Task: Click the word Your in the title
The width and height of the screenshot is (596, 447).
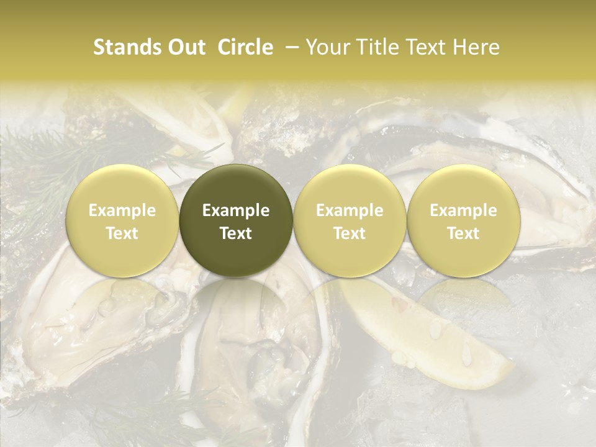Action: tap(327, 47)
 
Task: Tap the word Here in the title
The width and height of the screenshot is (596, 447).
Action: tap(477, 47)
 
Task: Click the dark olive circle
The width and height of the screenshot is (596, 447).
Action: tap(236, 220)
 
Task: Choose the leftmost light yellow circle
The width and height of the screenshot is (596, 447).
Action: tap(122, 220)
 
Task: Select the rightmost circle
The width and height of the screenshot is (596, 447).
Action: tap(463, 220)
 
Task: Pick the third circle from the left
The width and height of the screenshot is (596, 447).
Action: tap(350, 220)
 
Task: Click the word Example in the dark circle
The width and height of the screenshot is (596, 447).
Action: tap(236, 210)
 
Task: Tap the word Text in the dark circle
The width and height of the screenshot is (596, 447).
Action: tap(236, 233)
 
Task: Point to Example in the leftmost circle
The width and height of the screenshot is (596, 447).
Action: tap(122, 210)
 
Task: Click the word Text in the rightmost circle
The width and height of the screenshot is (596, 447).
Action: tap(463, 233)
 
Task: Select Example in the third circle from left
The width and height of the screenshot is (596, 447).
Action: tap(350, 210)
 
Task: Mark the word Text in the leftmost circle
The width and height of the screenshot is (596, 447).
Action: tap(122, 233)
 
